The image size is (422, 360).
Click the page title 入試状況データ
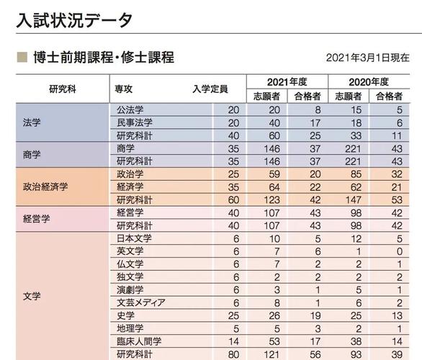point(74,20)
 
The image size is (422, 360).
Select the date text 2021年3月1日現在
point(368,58)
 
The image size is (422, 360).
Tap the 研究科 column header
point(63,89)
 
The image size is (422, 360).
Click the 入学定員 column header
point(210,89)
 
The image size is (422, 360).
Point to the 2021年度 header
point(287,82)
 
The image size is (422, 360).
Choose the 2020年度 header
point(369,82)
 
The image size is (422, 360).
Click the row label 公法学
point(130,109)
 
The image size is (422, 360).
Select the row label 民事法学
point(135,122)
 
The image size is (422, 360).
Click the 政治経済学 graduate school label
point(45,186)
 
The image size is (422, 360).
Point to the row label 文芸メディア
point(141,302)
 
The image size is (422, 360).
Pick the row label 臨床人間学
point(139,341)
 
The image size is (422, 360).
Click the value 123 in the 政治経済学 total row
point(272,200)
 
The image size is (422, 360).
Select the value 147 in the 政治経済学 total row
point(354,200)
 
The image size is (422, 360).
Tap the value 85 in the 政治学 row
point(356,174)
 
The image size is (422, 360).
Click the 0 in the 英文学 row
point(400,251)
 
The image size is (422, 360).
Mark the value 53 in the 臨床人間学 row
point(274,341)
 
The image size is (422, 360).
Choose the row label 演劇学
point(130,289)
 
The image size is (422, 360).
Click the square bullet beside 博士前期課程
point(22,58)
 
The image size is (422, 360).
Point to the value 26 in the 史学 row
point(274,315)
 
